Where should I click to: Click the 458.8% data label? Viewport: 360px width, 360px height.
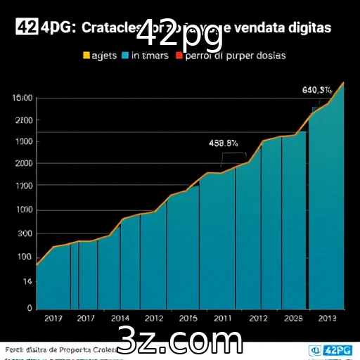tap(224, 143)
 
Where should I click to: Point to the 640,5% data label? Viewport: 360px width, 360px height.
tap(317, 90)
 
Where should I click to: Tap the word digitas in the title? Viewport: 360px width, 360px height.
tap(307, 28)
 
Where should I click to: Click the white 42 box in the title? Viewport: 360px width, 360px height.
tap(26, 27)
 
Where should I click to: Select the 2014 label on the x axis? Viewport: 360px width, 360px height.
tap(120, 318)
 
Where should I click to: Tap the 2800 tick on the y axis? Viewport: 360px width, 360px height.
tap(23, 120)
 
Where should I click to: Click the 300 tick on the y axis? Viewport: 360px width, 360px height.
tap(25, 233)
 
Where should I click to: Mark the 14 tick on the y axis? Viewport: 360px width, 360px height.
tap(27, 281)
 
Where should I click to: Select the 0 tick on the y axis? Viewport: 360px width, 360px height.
tap(30, 308)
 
